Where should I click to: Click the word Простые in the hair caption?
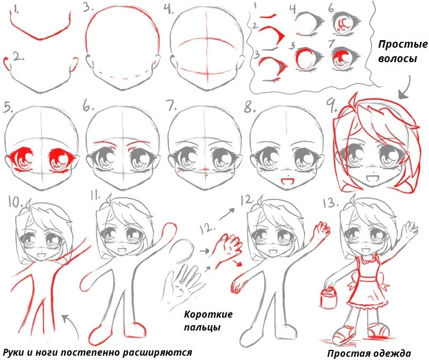click(x=403, y=44)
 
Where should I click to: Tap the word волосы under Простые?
click(x=397, y=58)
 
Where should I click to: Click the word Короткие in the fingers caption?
click(x=208, y=314)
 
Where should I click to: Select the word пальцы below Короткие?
click(x=202, y=327)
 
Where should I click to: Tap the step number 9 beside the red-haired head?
click(x=331, y=106)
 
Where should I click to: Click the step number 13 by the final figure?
click(x=330, y=203)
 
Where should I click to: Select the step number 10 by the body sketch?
click(x=16, y=202)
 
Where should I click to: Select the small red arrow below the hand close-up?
click(x=237, y=262)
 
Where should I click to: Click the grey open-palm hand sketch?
click(x=184, y=284)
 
